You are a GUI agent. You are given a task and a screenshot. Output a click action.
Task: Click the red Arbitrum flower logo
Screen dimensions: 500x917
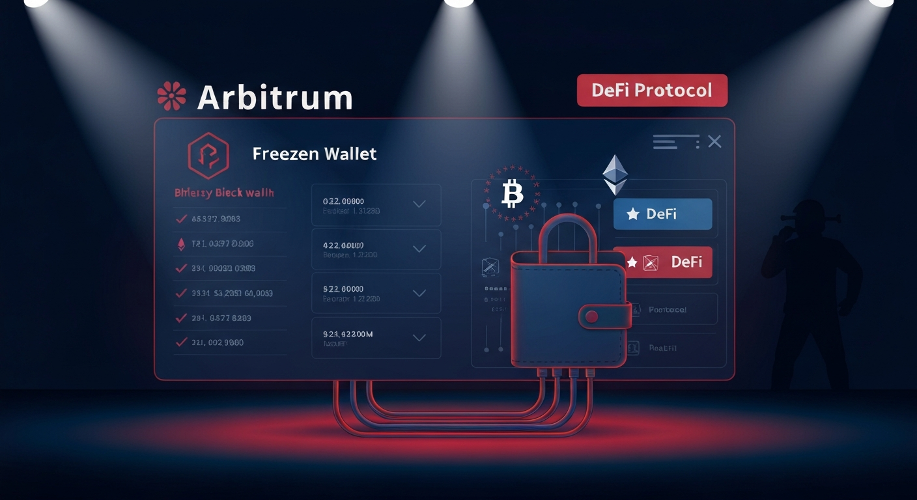[172, 96]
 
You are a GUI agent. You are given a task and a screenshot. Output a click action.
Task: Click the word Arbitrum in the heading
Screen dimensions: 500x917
[274, 98]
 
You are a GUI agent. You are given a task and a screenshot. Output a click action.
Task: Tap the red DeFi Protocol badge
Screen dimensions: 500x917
[652, 90]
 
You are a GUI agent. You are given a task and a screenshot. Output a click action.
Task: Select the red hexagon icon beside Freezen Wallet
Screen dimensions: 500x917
[208, 156]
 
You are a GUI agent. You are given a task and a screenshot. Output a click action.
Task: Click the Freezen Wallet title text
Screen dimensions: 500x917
[314, 154]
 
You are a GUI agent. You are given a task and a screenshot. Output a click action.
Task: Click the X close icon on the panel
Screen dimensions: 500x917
[714, 141]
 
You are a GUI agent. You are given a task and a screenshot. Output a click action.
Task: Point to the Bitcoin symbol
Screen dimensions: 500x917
[513, 194]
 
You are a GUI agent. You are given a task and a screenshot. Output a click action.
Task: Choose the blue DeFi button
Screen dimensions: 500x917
[662, 214]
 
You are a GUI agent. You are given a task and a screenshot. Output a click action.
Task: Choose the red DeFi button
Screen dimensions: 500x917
[662, 262]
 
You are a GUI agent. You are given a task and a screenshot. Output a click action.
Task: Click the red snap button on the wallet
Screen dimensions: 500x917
[591, 317]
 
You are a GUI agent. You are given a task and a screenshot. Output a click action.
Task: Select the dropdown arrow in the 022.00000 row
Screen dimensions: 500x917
[419, 204]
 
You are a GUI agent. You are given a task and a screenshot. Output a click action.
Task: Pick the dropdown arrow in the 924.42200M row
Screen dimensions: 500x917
[419, 337]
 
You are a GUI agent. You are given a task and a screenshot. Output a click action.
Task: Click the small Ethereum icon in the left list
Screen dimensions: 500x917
[181, 244]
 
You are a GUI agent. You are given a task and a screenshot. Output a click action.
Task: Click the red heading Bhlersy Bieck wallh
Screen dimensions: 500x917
[224, 193]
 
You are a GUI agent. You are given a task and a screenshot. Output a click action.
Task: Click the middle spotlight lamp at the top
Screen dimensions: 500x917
[458, 3]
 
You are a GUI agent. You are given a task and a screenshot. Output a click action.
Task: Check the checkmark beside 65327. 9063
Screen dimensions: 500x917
[181, 219]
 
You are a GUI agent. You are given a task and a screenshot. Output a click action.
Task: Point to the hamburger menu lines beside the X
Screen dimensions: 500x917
[676, 141]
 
